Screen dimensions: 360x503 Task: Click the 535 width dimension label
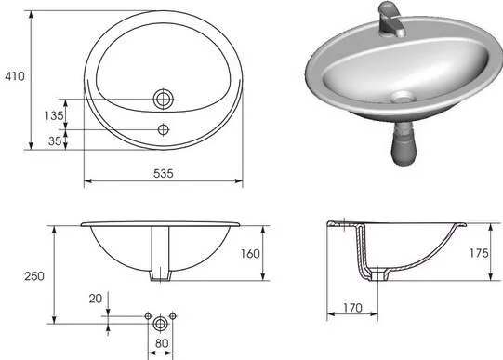click(x=165, y=174)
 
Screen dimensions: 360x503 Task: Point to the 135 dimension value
click(x=54, y=115)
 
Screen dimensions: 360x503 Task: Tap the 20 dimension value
click(x=96, y=300)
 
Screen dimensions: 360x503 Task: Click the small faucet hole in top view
click(x=165, y=128)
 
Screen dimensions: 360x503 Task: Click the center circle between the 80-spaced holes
click(x=163, y=323)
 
